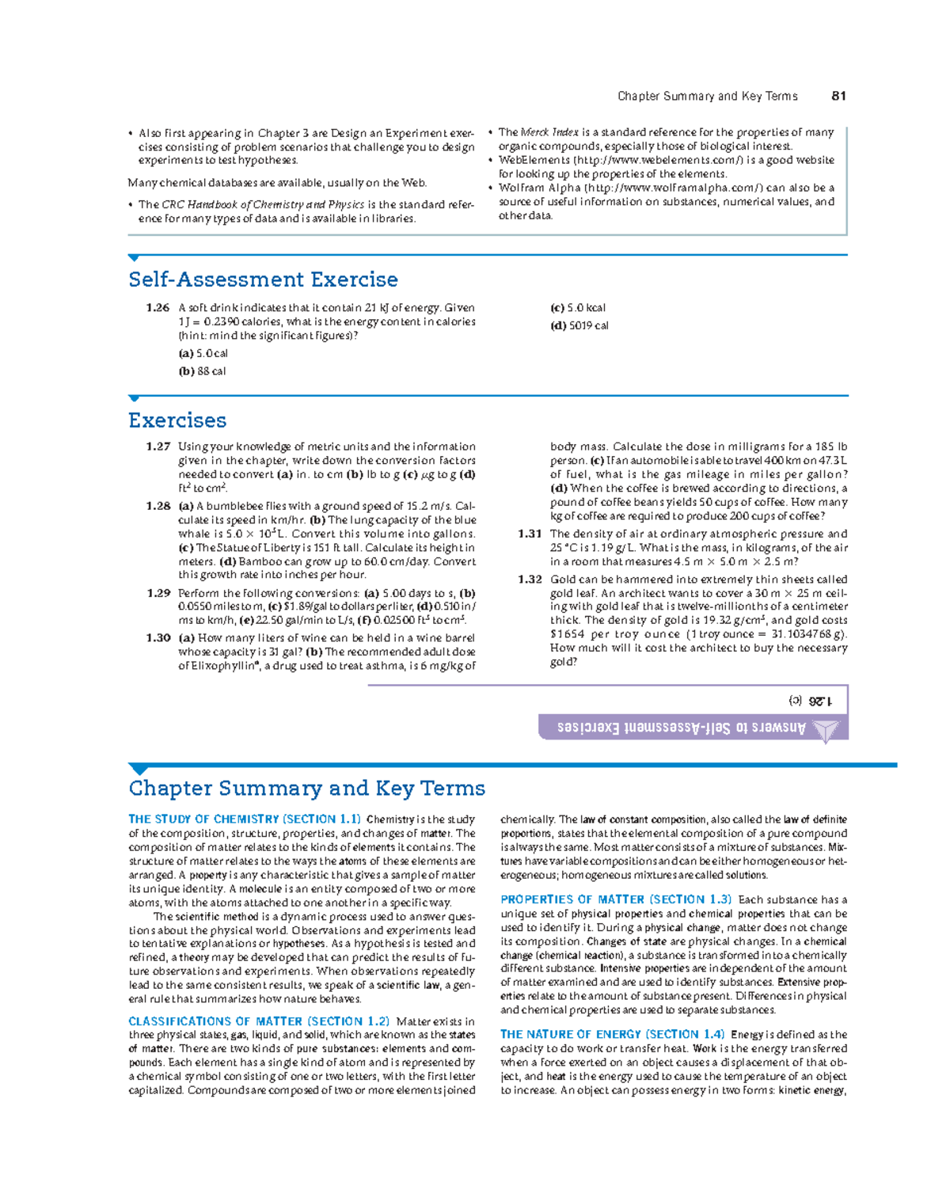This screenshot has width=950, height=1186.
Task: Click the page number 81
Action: [838, 96]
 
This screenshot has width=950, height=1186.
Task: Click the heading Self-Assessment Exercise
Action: [263, 279]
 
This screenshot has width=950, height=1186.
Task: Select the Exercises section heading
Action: [177, 420]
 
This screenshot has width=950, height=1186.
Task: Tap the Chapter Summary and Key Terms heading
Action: [306, 789]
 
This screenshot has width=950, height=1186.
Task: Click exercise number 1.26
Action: [158, 308]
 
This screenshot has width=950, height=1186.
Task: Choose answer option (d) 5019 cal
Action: [579, 325]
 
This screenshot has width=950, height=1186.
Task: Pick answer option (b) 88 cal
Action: [202, 371]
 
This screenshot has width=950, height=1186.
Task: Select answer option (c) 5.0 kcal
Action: [578, 308]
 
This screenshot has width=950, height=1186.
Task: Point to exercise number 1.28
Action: [158, 506]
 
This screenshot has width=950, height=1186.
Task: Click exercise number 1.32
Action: [530, 580]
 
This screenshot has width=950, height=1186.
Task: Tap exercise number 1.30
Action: [158, 638]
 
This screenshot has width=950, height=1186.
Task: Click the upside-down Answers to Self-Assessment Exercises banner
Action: [681, 728]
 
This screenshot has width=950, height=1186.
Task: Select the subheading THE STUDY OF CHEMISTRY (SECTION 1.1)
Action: [245, 819]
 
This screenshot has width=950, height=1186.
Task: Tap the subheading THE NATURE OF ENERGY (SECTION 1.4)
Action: [612, 1034]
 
